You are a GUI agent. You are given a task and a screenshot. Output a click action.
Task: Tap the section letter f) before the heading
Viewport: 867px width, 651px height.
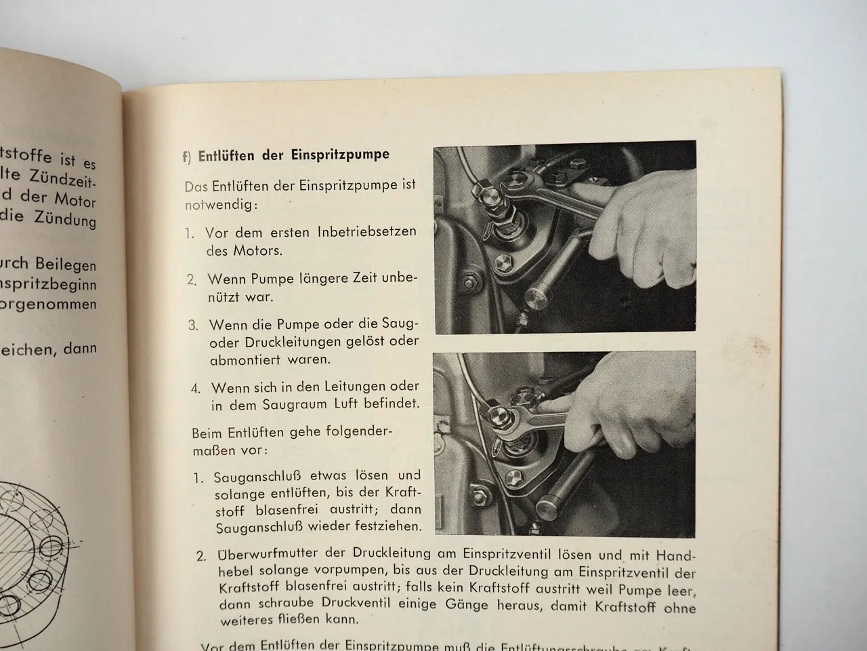[187, 157]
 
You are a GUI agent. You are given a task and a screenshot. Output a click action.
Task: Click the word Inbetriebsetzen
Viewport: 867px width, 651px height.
[366, 232]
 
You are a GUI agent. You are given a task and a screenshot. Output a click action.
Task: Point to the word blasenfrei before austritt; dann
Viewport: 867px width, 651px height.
[282, 509]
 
